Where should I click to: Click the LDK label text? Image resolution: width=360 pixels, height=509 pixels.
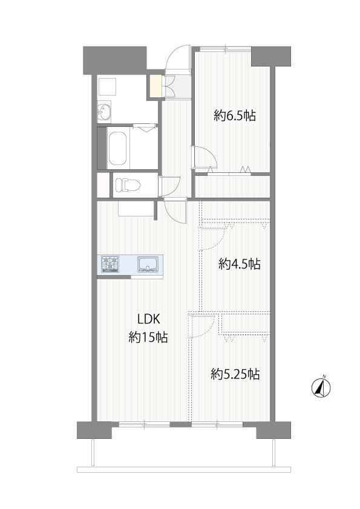(149, 319)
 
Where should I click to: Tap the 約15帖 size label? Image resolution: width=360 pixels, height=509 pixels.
(148, 337)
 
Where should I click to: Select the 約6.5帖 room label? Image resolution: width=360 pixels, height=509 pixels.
(235, 115)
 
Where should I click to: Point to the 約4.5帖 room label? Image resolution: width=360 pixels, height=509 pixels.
(240, 264)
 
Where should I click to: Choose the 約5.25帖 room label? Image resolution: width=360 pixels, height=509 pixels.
(235, 374)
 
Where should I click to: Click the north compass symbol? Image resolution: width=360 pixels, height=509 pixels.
(321, 387)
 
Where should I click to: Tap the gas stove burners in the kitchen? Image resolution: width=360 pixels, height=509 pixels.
(110, 264)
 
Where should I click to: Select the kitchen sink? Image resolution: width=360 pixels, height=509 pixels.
(148, 264)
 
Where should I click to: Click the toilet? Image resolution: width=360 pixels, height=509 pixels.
(128, 185)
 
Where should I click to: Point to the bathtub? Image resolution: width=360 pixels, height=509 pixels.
(117, 148)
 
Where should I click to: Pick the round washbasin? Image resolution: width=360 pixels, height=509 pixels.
(103, 112)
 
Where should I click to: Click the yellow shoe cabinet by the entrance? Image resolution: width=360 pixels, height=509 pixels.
(155, 86)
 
